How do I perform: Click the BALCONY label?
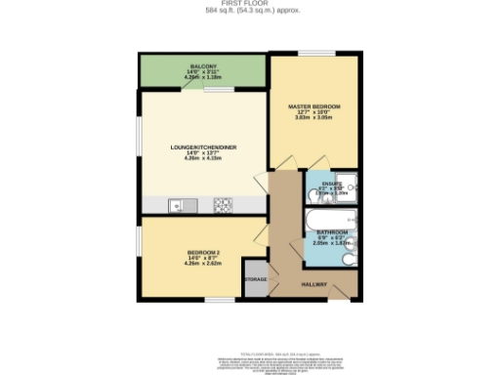tap(204, 65)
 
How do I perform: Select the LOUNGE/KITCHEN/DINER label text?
tap(204, 147)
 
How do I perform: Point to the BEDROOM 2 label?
tap(204, 251)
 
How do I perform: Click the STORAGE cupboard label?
tap(255, 280)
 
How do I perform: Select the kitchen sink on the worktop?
tap(178, 205)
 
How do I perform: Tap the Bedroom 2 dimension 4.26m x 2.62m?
tap(204, 263)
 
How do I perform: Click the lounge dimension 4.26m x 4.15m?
tap(204, 159)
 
